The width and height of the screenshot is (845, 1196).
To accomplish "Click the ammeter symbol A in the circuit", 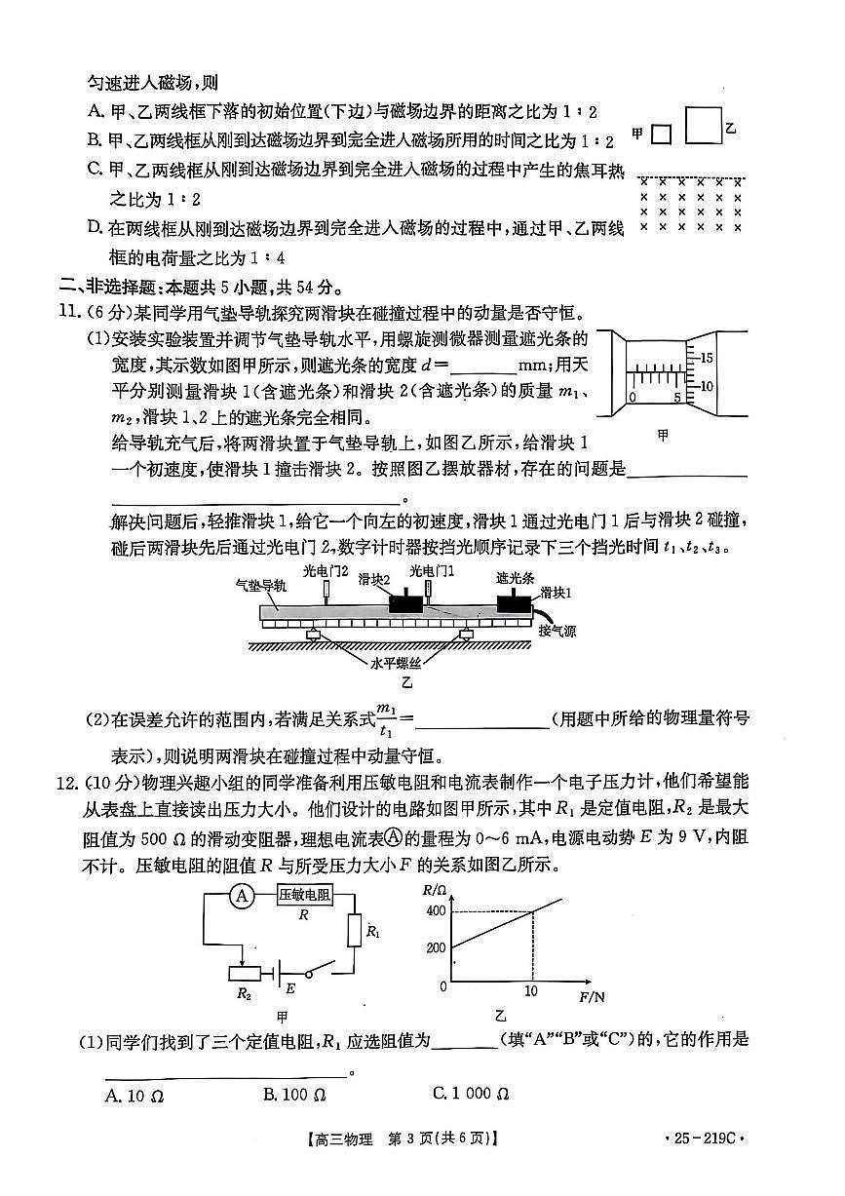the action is tap(242, 897).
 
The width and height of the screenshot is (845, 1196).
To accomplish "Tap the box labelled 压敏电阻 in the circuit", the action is tap(304, 896).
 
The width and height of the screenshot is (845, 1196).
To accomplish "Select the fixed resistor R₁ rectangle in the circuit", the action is tap(356, 931).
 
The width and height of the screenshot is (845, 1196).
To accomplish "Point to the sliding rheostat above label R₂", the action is tap(243, 972).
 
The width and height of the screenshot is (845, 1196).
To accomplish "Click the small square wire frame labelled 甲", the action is tap(662, 134).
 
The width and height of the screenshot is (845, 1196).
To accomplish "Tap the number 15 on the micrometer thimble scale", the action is tap(707, 357).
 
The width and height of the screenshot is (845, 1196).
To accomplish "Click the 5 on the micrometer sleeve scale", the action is tap(677, 398).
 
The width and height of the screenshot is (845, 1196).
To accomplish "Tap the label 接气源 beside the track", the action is tap(557, 631).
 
